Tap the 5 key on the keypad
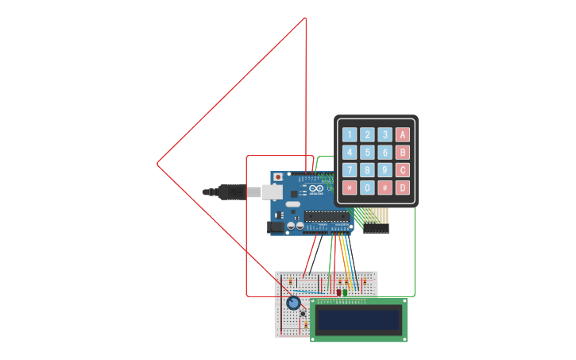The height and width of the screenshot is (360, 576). [x=367, y=152]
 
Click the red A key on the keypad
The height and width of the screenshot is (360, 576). [x=403, y=134]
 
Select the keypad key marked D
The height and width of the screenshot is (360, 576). [x=403, y=188]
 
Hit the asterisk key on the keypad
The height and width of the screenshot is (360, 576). [x=350, y=188]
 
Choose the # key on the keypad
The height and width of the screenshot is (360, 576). [x=385, y=188]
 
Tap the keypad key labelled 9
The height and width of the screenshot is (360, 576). [x=385, y=170]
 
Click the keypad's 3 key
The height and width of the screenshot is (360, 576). [x=385, y=134]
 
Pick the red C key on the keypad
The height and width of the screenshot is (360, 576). [x=403, y=170]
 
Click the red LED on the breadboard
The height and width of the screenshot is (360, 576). [x=338, y=292]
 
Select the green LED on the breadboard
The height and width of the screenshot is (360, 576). [x=346, y=292]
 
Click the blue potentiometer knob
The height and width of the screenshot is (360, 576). [x=293, y=304]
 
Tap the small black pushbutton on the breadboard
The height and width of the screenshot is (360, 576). [x=303, y=314]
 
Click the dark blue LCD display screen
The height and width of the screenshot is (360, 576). [x=358, y=320]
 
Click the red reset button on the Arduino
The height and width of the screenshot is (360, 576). [x=278, y=176]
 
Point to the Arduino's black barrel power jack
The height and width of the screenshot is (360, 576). [x=276, y=227]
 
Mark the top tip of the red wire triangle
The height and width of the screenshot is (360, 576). [x=306, y=18]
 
